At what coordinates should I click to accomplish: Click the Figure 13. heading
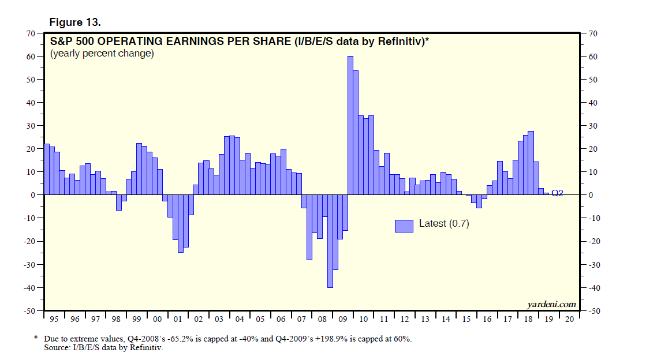(x=75, y=22)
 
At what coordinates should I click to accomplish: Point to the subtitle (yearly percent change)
(x=102, y=54)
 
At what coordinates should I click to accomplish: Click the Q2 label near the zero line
(x=557, y=193)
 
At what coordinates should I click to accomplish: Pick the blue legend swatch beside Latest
(x=404, y=226)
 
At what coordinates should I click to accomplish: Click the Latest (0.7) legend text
(x=444, y=224)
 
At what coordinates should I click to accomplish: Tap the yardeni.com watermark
(x=551, y=304)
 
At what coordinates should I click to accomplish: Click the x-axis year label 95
(x=54, y=319)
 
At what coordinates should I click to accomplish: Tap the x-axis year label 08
(x=322, y=319)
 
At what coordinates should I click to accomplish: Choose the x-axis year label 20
(x=569, y=319)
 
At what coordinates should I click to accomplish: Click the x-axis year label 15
(x=466, y=319)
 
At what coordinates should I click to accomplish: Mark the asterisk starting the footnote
(x=36, y=338)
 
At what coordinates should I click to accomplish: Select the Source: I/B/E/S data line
(x=103, y=347)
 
